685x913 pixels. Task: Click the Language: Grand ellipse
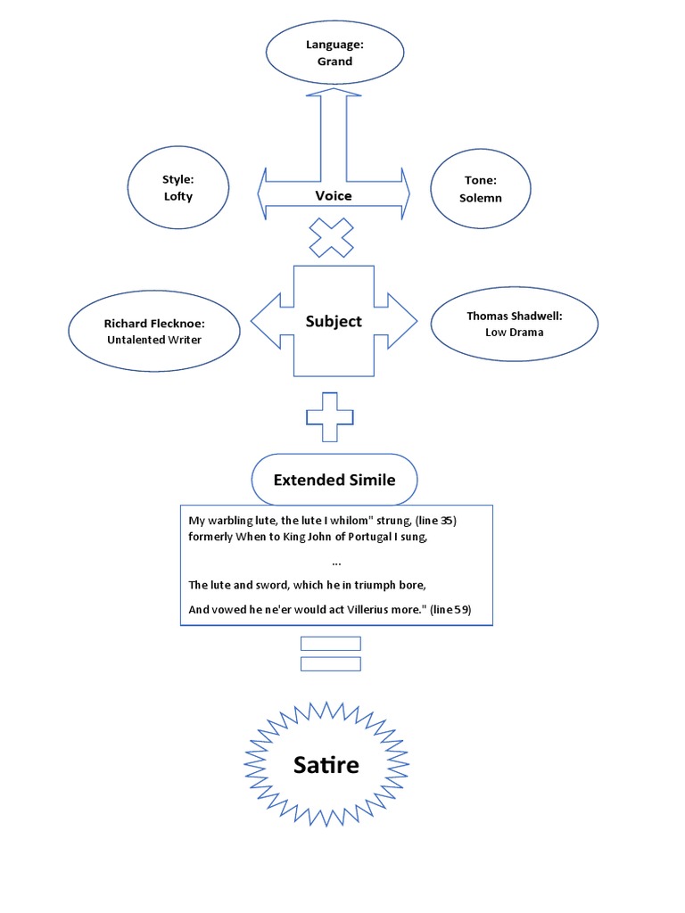coord(334,53)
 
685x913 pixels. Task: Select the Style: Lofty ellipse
coord(177,187)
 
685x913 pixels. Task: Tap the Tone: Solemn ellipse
coord(481,188)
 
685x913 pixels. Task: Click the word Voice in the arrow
coord(334,195)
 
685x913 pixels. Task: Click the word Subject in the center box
coord(334,321)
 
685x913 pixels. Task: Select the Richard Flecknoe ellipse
coord(153,331)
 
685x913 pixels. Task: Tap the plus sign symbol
coord(330,416)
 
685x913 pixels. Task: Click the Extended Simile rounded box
coord(334,480)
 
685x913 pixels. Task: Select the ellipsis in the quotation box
coord(335,563)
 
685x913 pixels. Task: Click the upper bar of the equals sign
coord(331,643)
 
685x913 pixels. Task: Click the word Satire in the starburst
coord(326,764)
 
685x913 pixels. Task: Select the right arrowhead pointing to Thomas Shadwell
coord(406,320)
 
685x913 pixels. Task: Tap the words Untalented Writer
coord(153,340)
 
